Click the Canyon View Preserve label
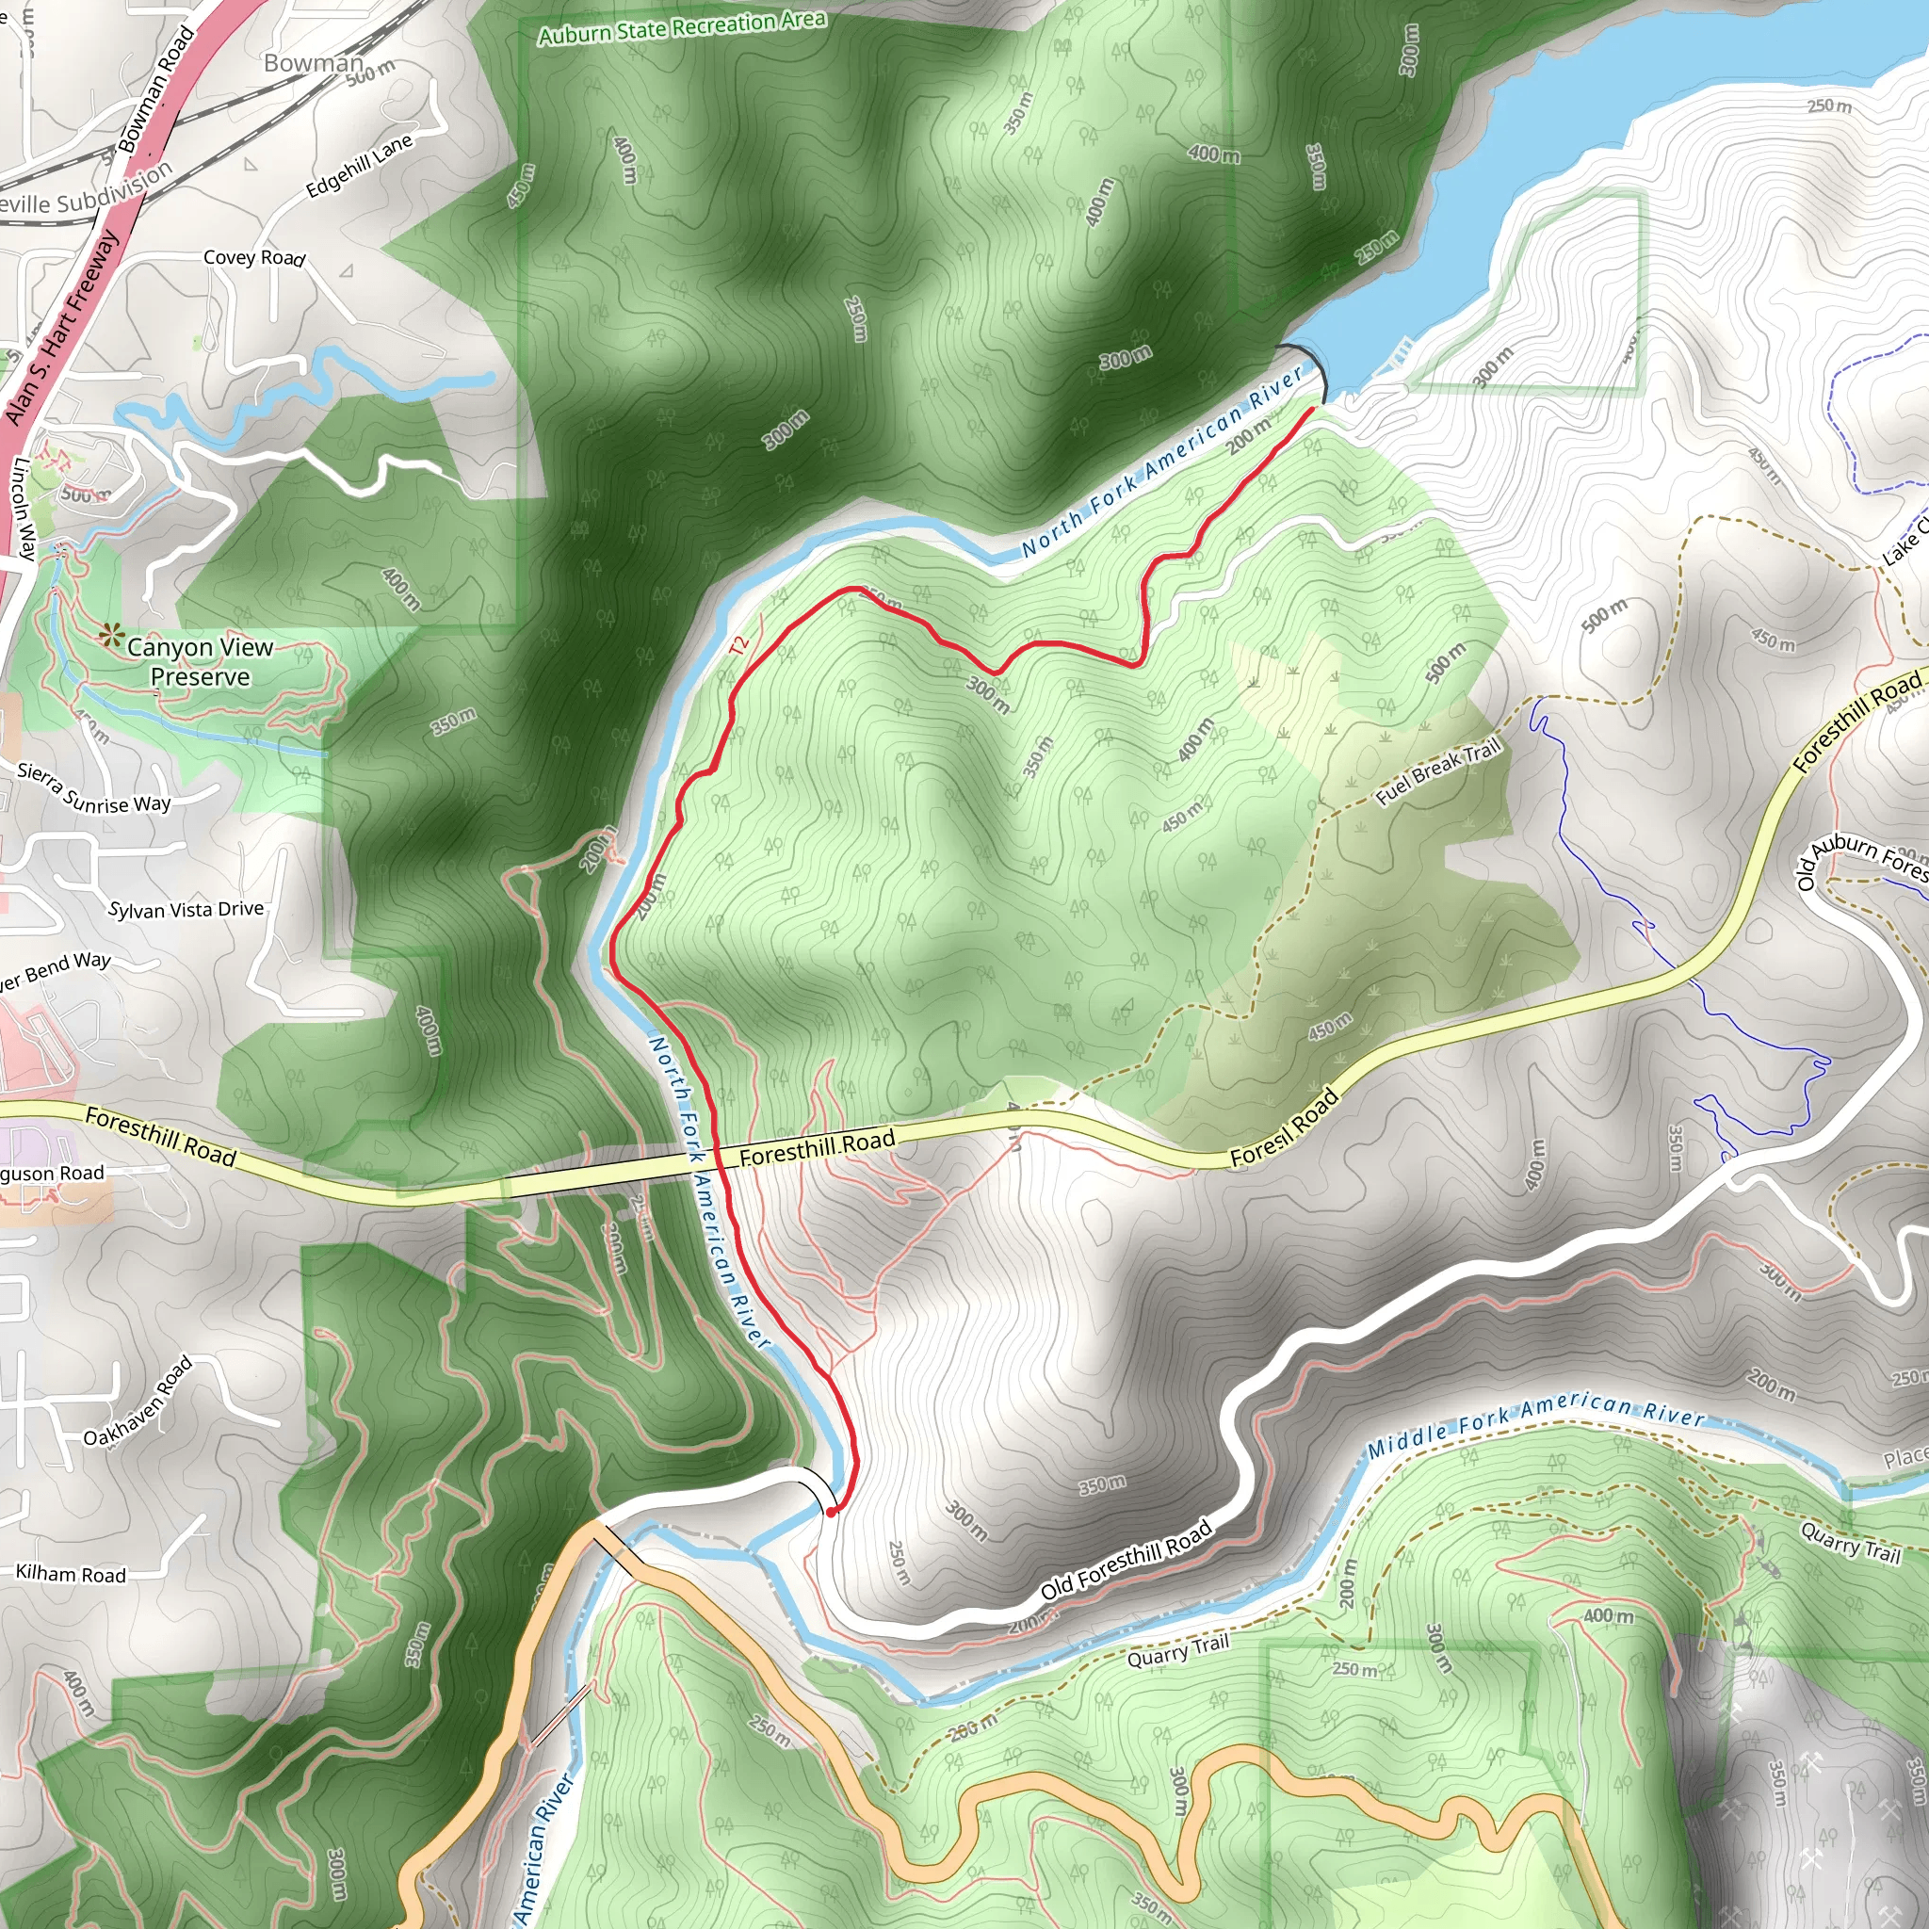point(200,662)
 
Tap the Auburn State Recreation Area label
point(682,27)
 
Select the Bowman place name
point(314,63)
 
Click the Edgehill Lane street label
point(359,166)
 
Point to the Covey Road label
point(253,257)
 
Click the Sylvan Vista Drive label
point(186,910)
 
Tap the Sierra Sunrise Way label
point(94,788)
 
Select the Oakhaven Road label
point(138,1402)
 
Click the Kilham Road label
point(71,1575)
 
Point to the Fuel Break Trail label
point(1439,772)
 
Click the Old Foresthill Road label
point(1127,1560)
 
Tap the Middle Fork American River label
point(1535,1424)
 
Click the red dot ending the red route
point(831,1512)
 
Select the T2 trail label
point(738,646)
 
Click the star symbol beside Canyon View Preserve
point(110,635)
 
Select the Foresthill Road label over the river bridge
point(817,1147)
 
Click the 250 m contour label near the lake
point(1829,105)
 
